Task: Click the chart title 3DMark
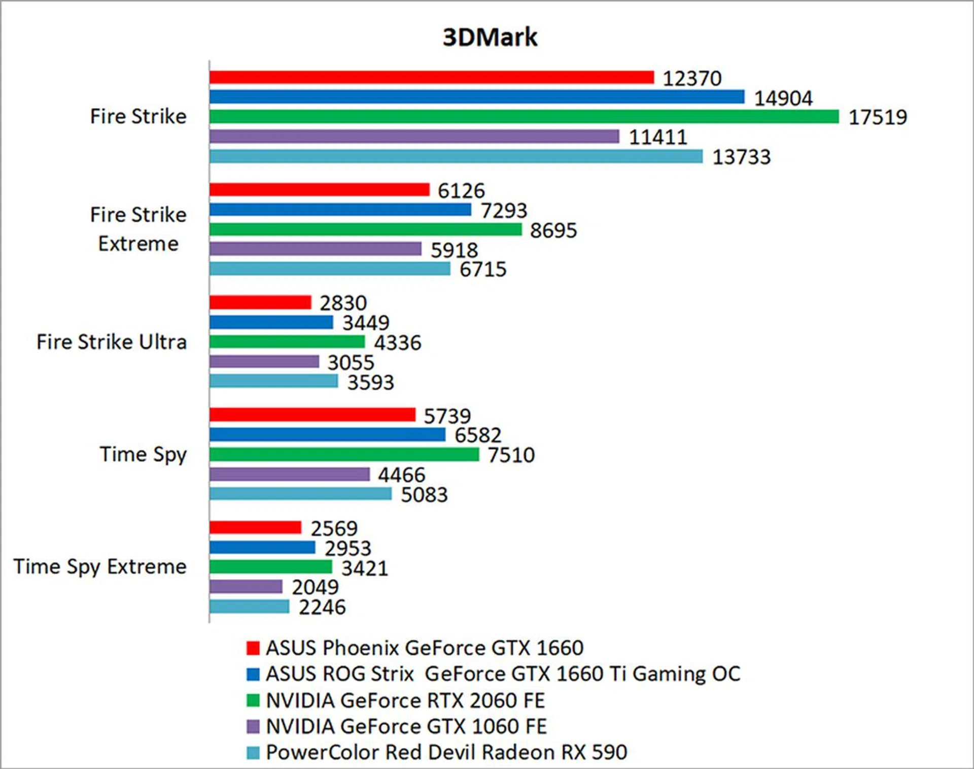click(490, 37)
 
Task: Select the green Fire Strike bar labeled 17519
click(524, 117)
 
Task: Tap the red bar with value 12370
click(432, 77)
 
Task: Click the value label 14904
click(783, 98)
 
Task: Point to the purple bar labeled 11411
click(414, 136)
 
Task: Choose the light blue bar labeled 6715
click(330, 269)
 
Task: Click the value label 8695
click(553, 230)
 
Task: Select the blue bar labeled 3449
click(271, 322)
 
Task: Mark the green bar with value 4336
click(287, 342)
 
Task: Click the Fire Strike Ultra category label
click(112, 342)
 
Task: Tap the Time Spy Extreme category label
click(100, 566)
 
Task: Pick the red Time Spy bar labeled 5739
click(312, 415)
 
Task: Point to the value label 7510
click(511, 455)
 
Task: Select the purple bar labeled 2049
click(246, 587)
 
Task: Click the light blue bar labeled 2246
click(249, 607)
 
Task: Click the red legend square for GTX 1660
click(253, 648)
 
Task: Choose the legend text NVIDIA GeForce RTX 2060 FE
click(405, 700)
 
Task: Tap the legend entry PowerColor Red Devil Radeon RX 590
click(446, 752)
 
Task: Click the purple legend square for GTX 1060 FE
click(253, 726)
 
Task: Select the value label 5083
click(424, 495)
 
